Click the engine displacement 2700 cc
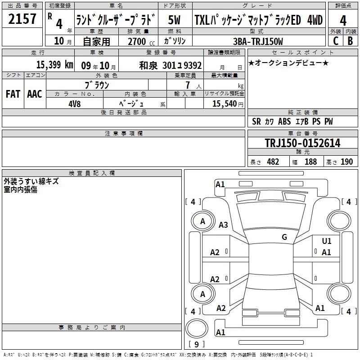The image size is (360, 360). tap(139, 41)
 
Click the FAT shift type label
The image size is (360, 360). tap(13, 94)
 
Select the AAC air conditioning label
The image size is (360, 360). tap(34, 94)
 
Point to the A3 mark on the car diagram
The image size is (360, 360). tap(223, 225)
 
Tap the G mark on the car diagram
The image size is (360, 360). tap(284, 237)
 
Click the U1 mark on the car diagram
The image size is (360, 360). tap(327, 242)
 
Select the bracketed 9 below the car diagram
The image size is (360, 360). tap(196, 345)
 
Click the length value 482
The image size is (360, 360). tap(273, 162)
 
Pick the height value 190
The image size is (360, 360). tap(346, 162)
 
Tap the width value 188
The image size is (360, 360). tap(310, 162)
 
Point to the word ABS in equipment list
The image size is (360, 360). tap(285, 121)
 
